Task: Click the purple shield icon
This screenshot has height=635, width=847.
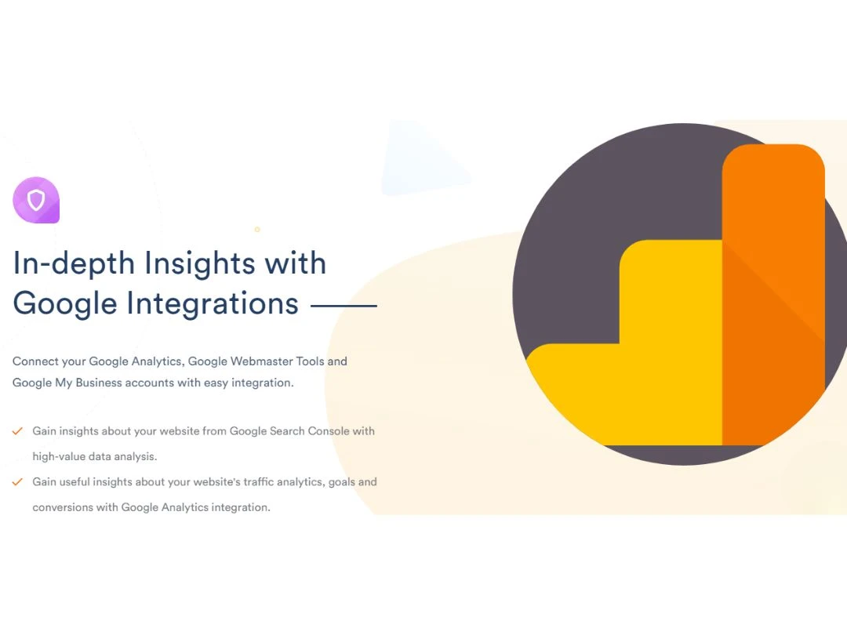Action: click(x=36, y=200)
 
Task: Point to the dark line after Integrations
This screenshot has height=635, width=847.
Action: click(x=344, y=306)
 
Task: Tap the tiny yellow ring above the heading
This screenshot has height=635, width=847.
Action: click(x=257, y=230)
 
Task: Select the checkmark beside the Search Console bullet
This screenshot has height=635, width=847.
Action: click(x=17, y=431)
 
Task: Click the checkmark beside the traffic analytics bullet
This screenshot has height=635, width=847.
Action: click(x=17, y=482)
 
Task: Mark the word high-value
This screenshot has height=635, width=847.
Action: click(x=58, y=456)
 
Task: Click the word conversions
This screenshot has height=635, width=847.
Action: click(x=63, y=507)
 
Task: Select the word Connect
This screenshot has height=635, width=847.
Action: click(x=35, y=361)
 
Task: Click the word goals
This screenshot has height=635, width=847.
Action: click(x=342, y=482)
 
